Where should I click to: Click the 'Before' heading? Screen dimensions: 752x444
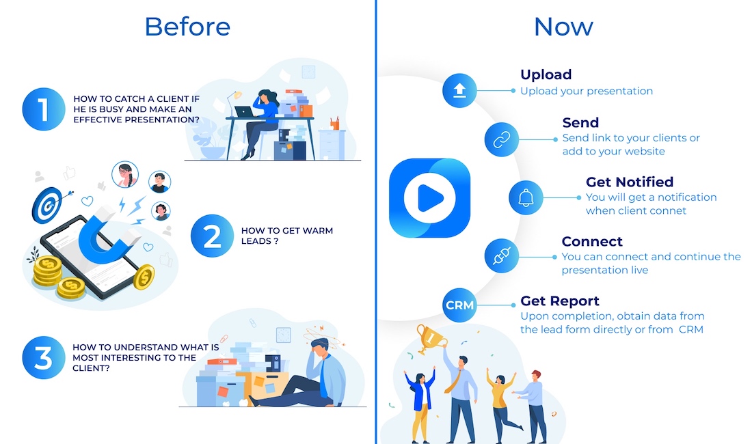click(x=187, y=27)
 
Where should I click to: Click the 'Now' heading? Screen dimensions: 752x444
click(x=563, y=27)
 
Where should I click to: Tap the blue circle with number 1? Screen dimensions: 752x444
click(x=44, y=109)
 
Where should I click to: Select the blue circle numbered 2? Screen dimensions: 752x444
click(x=212, y=236)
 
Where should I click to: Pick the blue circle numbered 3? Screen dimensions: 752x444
click(x=44, y=358)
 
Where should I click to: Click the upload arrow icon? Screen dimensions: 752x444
click(x=459, y=91)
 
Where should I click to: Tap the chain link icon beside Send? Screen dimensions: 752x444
click(x=502, y=140)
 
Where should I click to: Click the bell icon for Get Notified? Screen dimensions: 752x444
click(x=526, y=197)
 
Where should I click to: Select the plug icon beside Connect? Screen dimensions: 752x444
click(x=502, y=256)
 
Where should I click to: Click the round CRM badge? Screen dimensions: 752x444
click(x=459, y=305)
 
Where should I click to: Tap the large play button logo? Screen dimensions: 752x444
click(x=430, y=198)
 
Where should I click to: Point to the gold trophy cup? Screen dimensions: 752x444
click(x=430, y=338)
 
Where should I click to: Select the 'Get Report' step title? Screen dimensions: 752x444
click(x=560, y=301)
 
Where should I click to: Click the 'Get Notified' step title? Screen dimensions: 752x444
click(x=630, y=182)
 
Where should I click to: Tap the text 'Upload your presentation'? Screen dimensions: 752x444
click(x=587, y=91)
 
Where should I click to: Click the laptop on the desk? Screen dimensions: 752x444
click(x=244, y=112)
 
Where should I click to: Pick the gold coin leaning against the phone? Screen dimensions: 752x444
click(x=144, y=277)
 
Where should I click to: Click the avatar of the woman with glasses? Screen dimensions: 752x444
click(x=125, y=174)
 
